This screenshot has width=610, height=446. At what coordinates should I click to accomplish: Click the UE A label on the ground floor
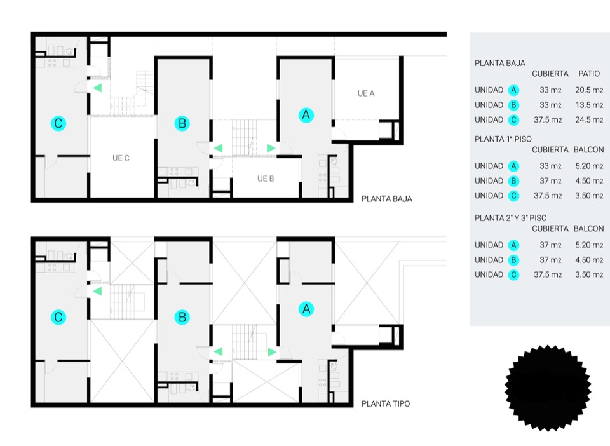(x=366, y=93)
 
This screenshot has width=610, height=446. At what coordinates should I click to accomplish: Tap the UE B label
(x=266, y=179)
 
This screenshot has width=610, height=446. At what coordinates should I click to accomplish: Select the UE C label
(x=121, y=158)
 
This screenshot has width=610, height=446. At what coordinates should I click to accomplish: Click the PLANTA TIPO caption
(x=386, y=403)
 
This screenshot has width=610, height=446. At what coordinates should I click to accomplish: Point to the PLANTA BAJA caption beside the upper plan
(x=387, y=199)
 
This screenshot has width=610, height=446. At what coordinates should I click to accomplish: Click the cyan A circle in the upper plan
(x=306, y=115)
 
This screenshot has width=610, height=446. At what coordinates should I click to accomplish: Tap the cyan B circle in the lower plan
(x=182, y=317)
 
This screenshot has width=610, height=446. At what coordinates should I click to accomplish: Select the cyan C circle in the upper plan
(x=58, y=123)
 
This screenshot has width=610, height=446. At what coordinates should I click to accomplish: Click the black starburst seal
(x=548, y=388)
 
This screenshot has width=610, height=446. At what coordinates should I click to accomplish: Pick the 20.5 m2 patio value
(x=589, y=90)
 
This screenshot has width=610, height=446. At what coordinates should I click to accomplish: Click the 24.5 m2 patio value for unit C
(x=589, y=120)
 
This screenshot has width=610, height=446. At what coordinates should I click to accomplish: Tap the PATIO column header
(x=589, y=74)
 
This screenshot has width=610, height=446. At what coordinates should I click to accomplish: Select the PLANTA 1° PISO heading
(x=503, y=139)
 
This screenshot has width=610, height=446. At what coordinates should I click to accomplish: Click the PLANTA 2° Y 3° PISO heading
(x=510, y=218)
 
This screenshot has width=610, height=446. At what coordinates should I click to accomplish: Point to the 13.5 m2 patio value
(x=589, y=105)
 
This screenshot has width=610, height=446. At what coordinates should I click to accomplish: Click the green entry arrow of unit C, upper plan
(x=97, y=88)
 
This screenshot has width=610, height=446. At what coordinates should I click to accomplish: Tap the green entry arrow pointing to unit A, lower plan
(x=272, y=353)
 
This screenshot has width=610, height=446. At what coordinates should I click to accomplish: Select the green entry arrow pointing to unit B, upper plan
(x=218, y=148)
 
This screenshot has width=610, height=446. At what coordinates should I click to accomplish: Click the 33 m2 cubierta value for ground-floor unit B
(x=550, y=105)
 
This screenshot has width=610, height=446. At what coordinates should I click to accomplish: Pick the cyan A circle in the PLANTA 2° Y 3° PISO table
(x=513, y=245)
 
